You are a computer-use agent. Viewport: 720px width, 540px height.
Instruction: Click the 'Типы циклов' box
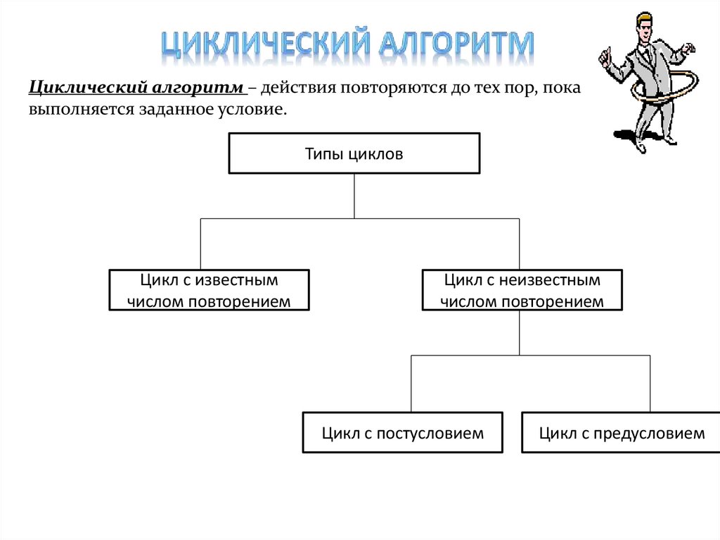tap(354, 153)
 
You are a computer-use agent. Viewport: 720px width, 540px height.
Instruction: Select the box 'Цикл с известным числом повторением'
tap(210, 291)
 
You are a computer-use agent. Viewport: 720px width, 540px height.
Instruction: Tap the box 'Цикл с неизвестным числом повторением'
tap(522, 291)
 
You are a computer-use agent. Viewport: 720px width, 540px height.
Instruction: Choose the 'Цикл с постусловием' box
tap(402, 432)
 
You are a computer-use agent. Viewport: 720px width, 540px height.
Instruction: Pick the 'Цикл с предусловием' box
tap(622, 432)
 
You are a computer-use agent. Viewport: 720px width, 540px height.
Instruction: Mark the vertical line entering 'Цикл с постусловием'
tap(411, 384)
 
